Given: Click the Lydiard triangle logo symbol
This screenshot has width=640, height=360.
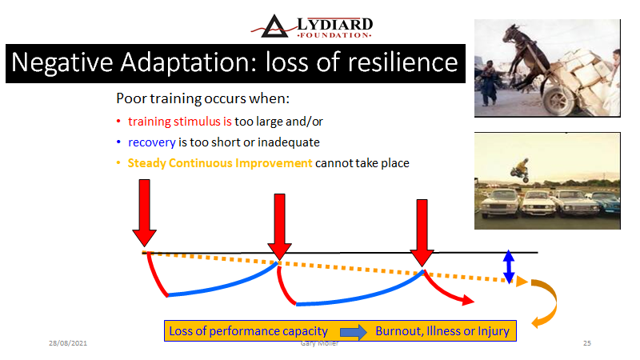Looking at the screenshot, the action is click(274, 27).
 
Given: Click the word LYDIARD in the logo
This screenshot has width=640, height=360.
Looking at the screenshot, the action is click(334, 24).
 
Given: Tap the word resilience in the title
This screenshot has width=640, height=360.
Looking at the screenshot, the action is click(403, 62).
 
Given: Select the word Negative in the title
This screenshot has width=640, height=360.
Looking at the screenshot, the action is click(62, 62).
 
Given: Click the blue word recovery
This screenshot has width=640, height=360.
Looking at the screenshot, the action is click(152, 142).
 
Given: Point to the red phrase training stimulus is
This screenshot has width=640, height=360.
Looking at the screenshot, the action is click(179, 122).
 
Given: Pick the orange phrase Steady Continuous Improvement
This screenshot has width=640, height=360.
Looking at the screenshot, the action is click(220, 163).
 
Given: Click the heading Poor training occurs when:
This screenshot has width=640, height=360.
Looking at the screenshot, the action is click(203, 98).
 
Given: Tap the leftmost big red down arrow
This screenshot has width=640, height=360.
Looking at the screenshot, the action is click(145, 213).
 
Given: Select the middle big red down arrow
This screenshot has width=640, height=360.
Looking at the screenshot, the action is click(279, 226).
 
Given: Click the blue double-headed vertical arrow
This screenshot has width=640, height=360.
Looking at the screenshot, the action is click(509, 266).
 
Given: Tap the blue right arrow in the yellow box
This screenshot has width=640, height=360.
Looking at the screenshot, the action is click(354, 331).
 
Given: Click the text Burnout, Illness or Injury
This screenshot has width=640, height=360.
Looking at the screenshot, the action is click(442, 330).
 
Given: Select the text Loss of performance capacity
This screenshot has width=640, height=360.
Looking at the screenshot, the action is click(248, 330).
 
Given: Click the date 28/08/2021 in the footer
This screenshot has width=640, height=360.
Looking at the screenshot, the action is click(68, 343).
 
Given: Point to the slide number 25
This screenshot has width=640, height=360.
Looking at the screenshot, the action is click(587, 343).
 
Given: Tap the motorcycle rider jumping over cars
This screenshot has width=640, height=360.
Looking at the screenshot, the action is click(520, 170).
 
